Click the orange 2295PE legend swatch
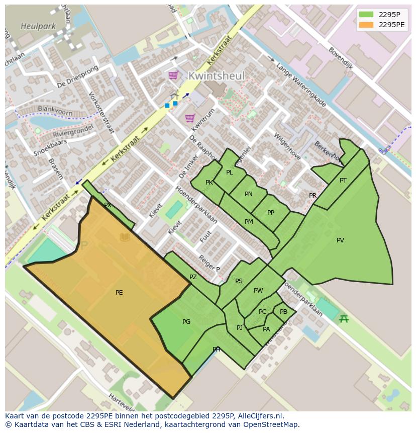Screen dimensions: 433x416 click(x=367, y=25)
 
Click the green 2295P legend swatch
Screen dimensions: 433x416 click(x=367, y=15)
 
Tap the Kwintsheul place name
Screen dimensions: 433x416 click(x=216, y=76)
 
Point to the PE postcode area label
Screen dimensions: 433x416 click(x=119, y=293)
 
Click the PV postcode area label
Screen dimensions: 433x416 click(x=340, y=240)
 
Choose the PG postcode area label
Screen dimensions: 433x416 click(x=186, y=322)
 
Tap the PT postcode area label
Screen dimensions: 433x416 click(x=343, y=181)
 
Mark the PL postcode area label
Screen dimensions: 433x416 click(x=230, y=172)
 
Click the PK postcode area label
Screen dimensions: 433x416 click(x=209, y=183)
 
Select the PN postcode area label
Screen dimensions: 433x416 click(x=249, y=194)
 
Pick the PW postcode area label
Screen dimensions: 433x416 click(x=258, y=291)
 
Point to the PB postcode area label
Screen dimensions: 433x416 click(x=283, y=312)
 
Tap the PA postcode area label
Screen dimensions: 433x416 click(x=266, y=329)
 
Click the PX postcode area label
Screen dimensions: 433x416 click(x=108, y=205)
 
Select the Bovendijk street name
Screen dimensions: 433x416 click(x=341, y=58)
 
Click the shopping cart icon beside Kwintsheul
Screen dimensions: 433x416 click(x=173, y=75)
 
